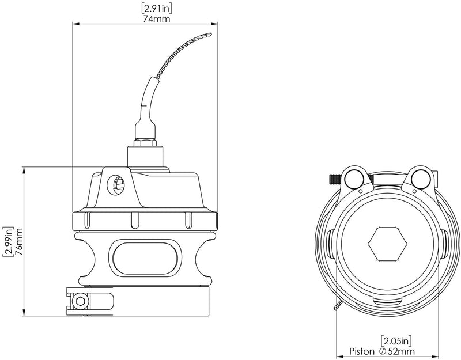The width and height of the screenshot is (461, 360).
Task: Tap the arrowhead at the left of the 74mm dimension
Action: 75,25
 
